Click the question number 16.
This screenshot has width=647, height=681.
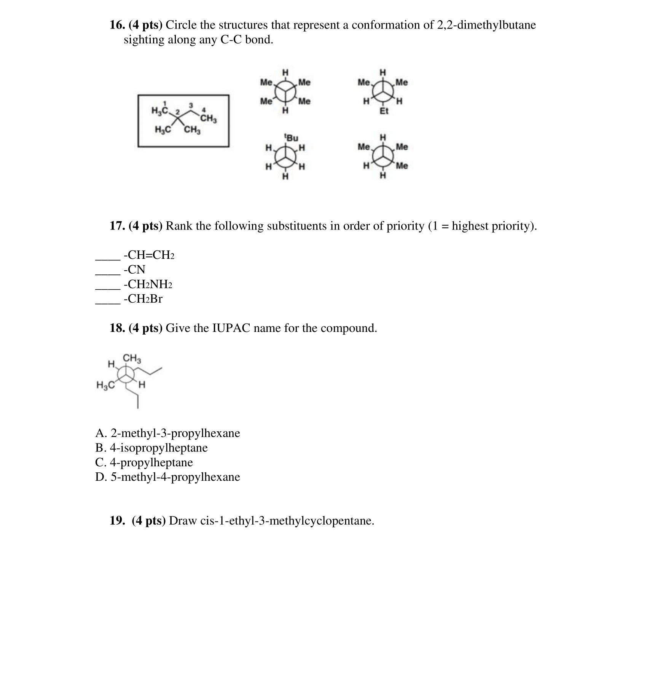pyautogui.click(x=117, y=25)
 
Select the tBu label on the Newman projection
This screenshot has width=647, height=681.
pyautogui.click(x=292, y=137)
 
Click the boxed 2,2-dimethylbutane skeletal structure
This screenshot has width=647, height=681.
pyautogui.click(x=183, y=120)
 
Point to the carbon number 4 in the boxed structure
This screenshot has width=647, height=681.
pyautogui.click(x=204, y=110)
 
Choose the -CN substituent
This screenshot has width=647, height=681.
pyautogui.click(x=134, y=270)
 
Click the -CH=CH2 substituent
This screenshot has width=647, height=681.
pyautogui.click(x=149, y=255)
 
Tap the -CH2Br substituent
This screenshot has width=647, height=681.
pyautogui.click(x=143, y=299)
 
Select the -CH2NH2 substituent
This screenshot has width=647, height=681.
pyautogui.click(x=148, y=284)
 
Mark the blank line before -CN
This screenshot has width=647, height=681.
pyautogui.click(x=107, y=273)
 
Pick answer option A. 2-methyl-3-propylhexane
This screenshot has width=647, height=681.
pyautogui.click(x=167, y=433)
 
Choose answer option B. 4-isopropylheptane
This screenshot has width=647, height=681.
pyautogui.click(x=151, y=448)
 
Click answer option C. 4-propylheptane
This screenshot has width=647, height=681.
pyautogui.click(x=144, y=463)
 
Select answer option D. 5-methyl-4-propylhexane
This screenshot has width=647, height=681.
pyautogui.click(x=167, y=477)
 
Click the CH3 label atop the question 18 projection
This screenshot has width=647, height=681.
pyautogui.click(x=132, y=358)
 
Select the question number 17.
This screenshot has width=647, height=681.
pyautogui.click(x=117, y=226)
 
